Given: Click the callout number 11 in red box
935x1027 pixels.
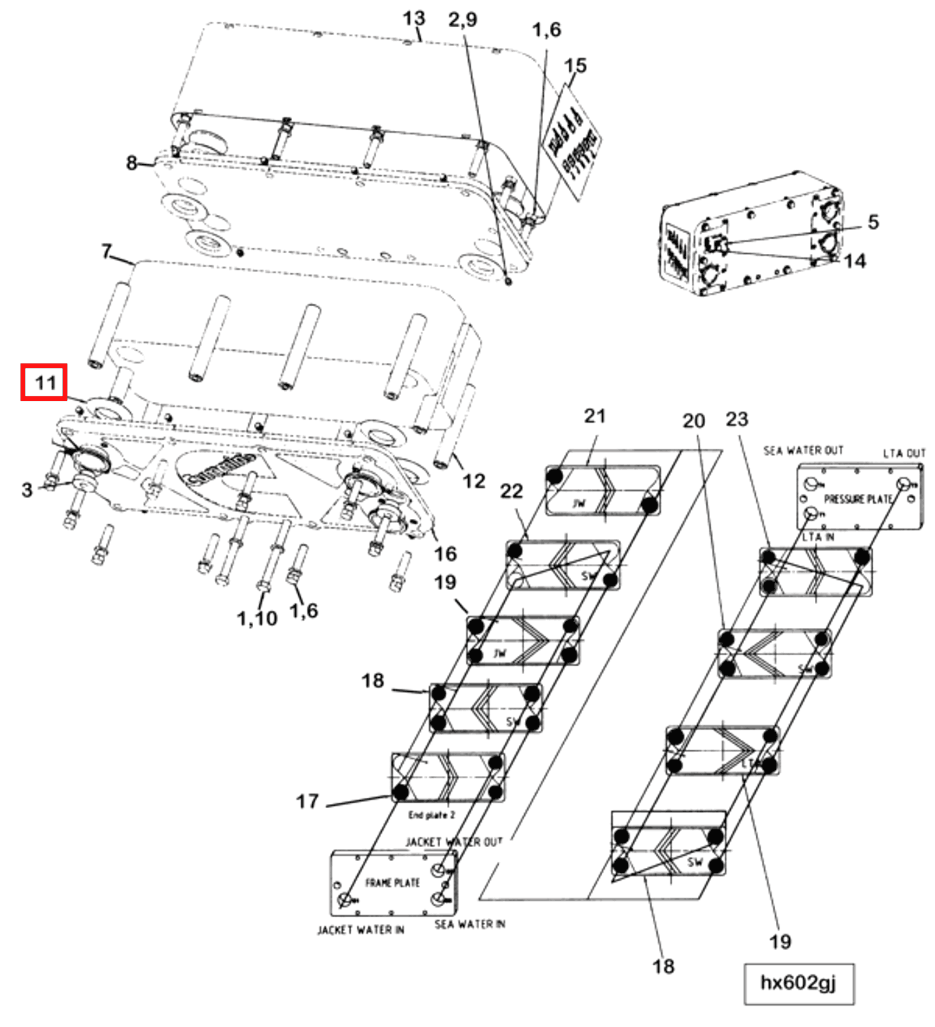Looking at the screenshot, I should click(x=45, y=382).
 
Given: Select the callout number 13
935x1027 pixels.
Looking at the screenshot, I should click(x=414, y=19).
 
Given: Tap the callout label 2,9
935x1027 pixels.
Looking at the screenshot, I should click(x=462, y=20).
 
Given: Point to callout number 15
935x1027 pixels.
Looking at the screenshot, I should click(x=575, y=66).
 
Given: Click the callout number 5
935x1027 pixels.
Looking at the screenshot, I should click(x=873, y=222).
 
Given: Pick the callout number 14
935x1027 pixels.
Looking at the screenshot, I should click(x=854, y=261).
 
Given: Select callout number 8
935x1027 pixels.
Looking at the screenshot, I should click(x=131, y=163).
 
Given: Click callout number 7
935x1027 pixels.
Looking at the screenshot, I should click(x=107, y=252).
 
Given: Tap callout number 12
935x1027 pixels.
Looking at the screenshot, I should click(x=474, y=481).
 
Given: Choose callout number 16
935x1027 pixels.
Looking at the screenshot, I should click(x=445, y=554).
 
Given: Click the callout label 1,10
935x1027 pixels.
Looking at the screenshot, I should click(x=257, y=618).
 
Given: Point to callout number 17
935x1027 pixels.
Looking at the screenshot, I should click(x=307, y=802).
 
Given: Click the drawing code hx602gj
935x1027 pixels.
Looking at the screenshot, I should click(x=798, y=983).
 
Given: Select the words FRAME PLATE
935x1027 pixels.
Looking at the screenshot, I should click(x=392, y=883).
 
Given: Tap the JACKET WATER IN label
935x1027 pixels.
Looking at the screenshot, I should click(x=361, y=930).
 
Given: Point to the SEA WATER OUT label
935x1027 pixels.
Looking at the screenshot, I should click(x=803, y=450).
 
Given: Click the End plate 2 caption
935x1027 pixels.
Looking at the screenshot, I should click(x=431, y=815).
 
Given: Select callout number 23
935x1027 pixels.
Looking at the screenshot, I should click(x=737, y=419).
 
